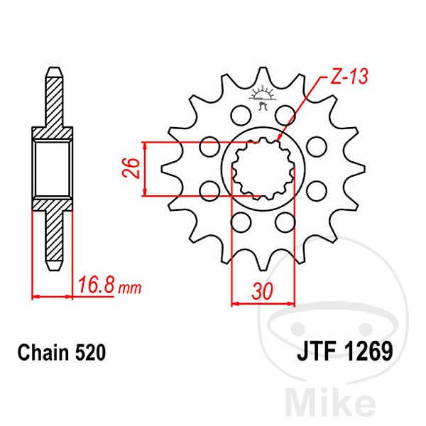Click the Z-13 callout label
(349, 76)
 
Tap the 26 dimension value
(131, 168)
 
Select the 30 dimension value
(262, 291)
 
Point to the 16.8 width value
(96, 285)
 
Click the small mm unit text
(130, 288)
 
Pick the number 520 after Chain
(90, 353)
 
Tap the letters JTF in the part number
(317, 351)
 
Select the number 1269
(368, 351)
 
